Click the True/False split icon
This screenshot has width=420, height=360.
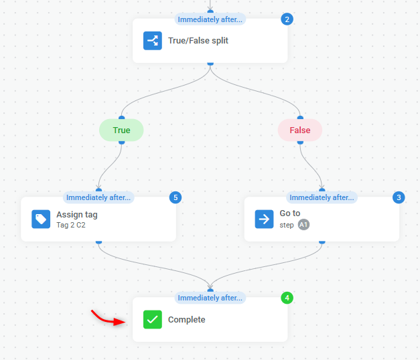pos(153,41)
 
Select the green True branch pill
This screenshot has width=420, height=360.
pos(121,130)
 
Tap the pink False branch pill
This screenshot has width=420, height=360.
pos(300,130)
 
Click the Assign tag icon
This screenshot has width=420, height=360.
pos(41,219)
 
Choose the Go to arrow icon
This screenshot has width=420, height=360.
pos(264,219)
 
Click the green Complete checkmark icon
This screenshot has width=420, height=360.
pos(153,320)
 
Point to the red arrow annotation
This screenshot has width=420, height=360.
pos(109,319)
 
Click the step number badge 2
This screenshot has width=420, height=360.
pos(287,19)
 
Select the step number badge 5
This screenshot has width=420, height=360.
pos(176,197)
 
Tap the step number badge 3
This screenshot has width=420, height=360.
pos(399,197)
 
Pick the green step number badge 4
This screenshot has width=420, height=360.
pos(287,298)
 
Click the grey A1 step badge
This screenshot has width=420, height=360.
pos(303,225)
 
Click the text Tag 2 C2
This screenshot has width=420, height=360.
pos(71,225)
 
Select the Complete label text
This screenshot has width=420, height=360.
pos(186,320)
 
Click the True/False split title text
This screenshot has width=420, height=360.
pos(198,41)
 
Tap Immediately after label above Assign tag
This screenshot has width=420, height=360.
pos(99,197)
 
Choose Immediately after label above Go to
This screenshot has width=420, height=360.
pos(322,197)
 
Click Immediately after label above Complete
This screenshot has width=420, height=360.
pos(210,298)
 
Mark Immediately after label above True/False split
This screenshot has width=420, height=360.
pos(210,19)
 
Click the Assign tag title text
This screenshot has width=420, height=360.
pos(77,214)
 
